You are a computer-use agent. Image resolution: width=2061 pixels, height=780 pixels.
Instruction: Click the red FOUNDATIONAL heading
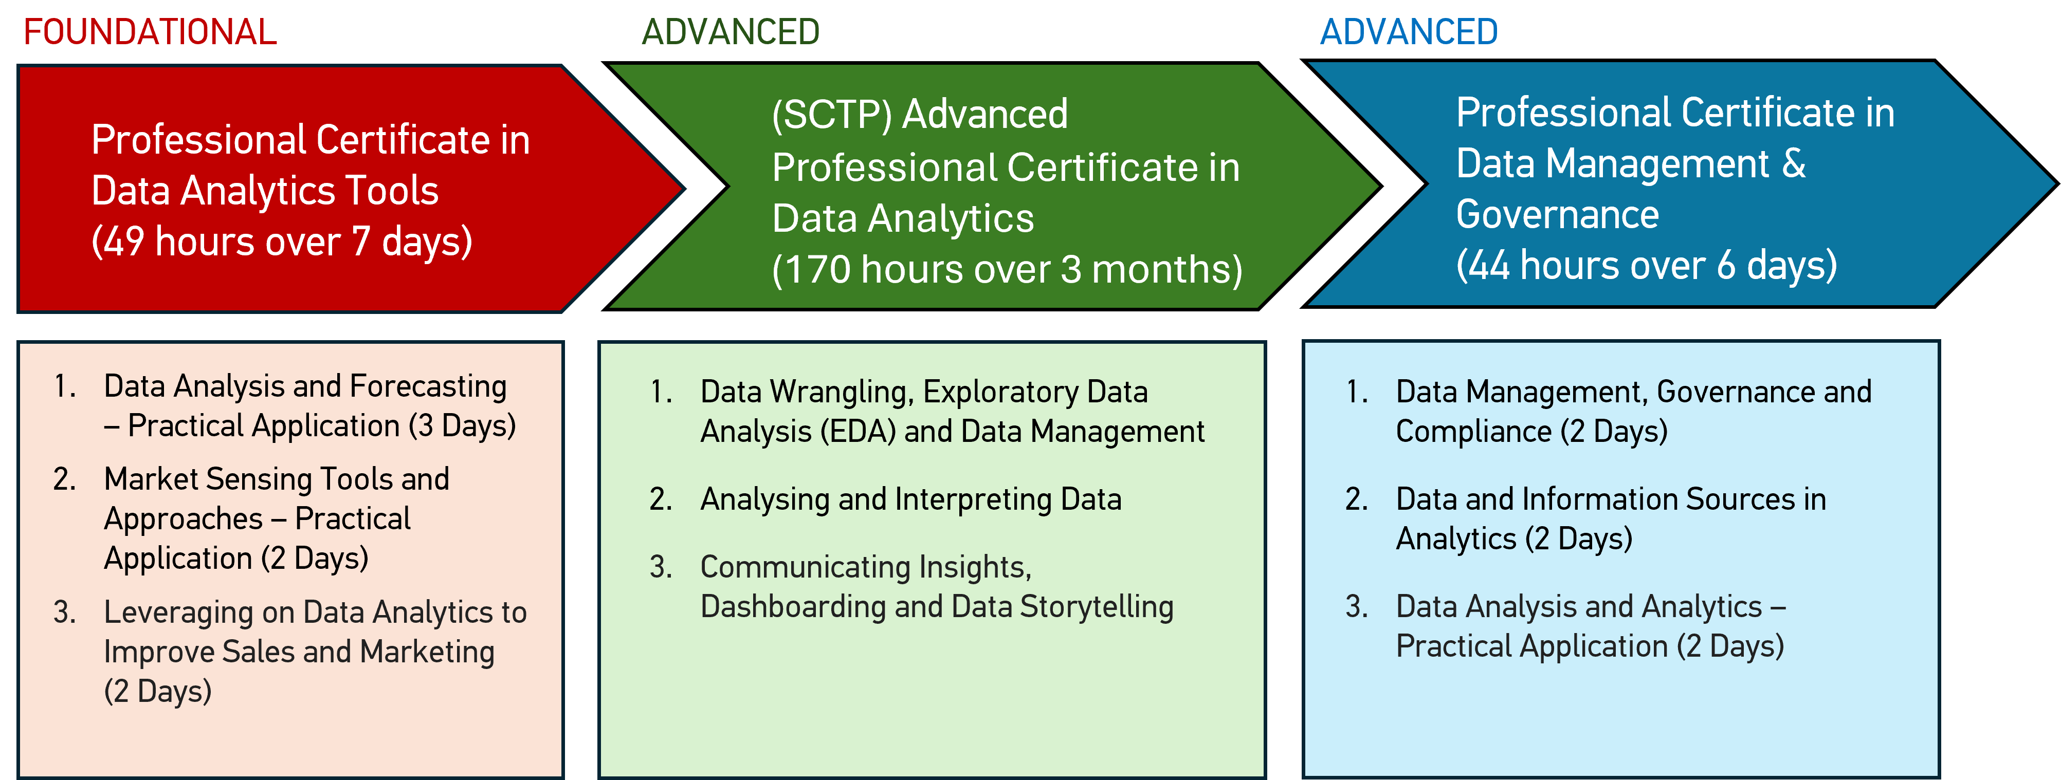coord(150,32)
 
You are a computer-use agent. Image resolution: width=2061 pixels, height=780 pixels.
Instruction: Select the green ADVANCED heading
coord(731,32)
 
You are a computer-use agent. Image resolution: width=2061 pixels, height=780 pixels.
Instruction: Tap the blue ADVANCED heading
coord(1408,32)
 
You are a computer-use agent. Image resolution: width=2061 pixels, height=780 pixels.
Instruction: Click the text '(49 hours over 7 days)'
coord(282,242)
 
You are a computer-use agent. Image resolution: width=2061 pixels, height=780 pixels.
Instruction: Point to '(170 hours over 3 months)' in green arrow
coord(1007,270)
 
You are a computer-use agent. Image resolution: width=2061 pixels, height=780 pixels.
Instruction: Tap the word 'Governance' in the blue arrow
coord(1557,214)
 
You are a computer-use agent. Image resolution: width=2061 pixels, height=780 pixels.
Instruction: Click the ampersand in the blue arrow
coord(1794,163)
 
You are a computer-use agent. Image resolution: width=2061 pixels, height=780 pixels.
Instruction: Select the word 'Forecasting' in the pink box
coord(428,386)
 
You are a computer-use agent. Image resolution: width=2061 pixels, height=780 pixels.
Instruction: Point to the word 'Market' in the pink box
coord(151,479)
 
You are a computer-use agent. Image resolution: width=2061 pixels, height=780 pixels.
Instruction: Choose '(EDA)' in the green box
coord(858,432)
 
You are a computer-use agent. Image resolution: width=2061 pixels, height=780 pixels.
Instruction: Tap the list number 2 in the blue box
coord(1356,499)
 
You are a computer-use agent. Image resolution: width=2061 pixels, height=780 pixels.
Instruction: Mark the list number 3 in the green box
coord(660,567)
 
